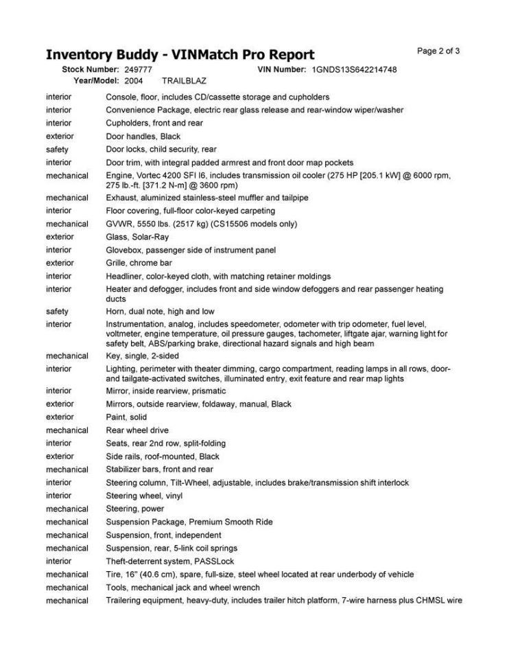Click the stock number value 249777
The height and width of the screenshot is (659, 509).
(x=139, y=70)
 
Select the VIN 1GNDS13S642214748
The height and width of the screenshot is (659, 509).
(x=354, y=70)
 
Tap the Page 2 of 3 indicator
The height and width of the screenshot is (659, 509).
(x=438, y=51)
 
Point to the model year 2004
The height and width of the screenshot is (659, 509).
(x=134, y=80)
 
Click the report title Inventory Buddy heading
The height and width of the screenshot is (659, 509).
(x=180, y=55)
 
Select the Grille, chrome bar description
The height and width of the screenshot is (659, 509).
(x=139, y=263)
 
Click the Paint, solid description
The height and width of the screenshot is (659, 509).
(x=126, y=417)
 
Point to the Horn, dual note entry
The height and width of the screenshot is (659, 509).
(x=160, y=312)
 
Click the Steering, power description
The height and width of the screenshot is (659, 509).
(x=135, y=509)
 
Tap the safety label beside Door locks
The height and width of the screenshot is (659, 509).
(x=57, y=150)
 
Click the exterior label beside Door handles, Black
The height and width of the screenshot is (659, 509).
(x=60, y=137)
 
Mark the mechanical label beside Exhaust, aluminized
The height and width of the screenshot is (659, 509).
(x=67, y=198)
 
